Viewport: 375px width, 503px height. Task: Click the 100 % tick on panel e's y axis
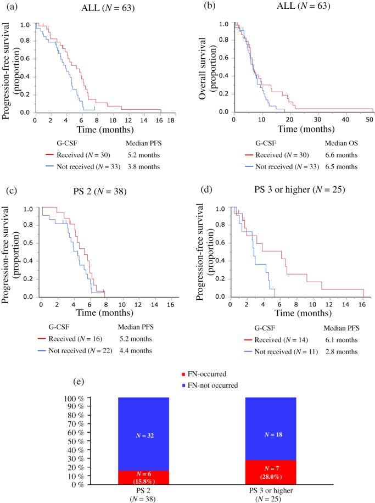click(89, 398)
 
